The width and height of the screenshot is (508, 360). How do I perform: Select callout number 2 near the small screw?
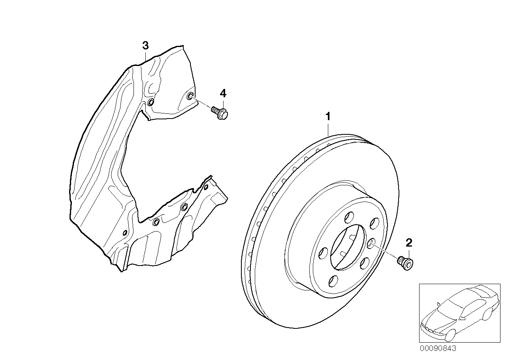coord(409,242)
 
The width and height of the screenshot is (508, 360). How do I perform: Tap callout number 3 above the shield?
coord(145,45)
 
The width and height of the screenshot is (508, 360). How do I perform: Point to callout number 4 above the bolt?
coord(223,93)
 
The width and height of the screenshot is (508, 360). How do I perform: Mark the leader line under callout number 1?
coord(328,128)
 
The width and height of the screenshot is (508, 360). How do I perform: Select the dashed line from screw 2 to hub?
coord(385,252)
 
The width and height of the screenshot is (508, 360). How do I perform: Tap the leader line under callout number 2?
coord(408,252)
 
